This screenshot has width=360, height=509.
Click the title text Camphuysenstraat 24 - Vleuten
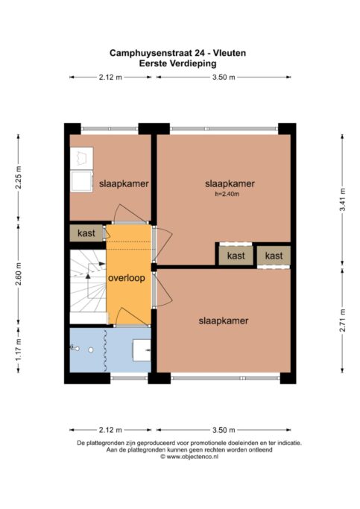178,53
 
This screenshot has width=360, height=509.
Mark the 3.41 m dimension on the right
342,200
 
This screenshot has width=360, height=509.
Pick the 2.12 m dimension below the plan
110,430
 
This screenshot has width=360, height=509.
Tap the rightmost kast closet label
274,256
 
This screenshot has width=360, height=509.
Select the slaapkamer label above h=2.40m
230,184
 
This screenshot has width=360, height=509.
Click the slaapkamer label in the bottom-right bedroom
223,321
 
